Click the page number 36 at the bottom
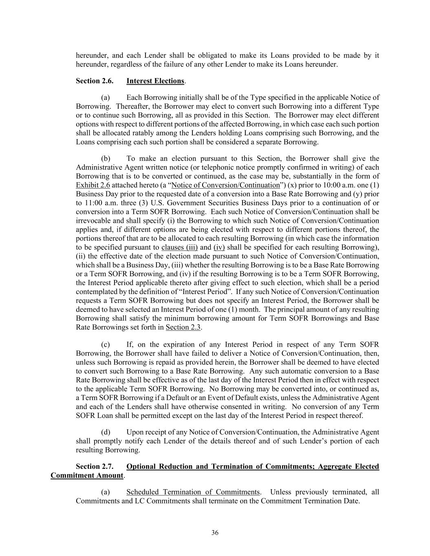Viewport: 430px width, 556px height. (x=215, y=533)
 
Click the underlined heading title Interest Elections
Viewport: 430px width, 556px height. (x=155, y=81)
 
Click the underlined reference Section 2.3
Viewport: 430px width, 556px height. (x=183, y=327)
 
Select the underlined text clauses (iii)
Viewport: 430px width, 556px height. (x=179, y=247)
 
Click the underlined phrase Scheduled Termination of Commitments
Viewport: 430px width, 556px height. (x=193, y=492)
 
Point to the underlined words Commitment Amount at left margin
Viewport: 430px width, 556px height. (x=87, y=475)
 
